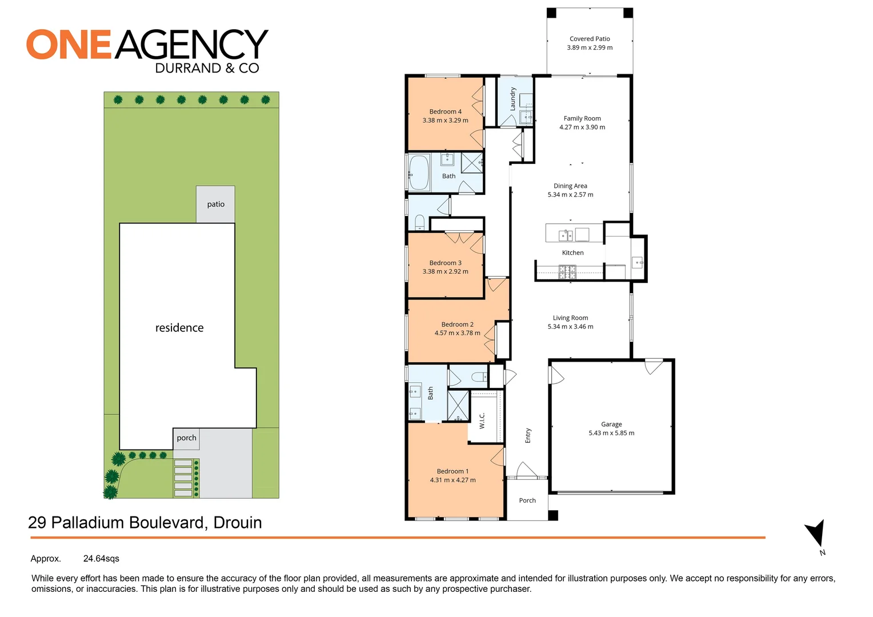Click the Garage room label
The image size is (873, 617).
(611, 424)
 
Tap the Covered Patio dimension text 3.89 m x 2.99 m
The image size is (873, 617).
(590, 48)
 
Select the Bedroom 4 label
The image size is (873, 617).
(445, 111)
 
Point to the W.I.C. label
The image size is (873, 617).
(482, 421)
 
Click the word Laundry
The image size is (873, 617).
(513, 99)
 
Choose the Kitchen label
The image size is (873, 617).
(572, 253)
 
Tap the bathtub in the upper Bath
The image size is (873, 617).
(419, 173)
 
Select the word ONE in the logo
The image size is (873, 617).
(69, 45)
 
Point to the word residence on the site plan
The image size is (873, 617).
(179, 328)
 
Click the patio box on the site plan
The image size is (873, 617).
(215, 204)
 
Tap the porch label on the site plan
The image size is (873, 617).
(186, 438)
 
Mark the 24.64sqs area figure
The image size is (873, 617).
(101, 559)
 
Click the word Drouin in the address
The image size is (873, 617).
(238, 523)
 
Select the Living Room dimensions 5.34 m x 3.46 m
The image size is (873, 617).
(570, 327)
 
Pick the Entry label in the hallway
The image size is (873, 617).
(528, 435)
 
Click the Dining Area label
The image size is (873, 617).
(570, 186)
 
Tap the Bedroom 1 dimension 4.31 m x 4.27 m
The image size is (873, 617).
(452, 480)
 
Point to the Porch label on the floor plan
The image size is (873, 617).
(527, 500)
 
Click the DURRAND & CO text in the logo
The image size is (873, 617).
(207, 69)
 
